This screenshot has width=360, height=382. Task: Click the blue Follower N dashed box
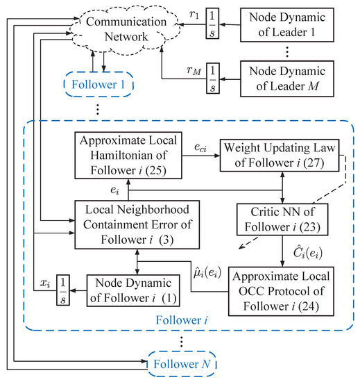[182, 363]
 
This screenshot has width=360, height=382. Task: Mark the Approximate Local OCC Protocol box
[279, 286]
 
